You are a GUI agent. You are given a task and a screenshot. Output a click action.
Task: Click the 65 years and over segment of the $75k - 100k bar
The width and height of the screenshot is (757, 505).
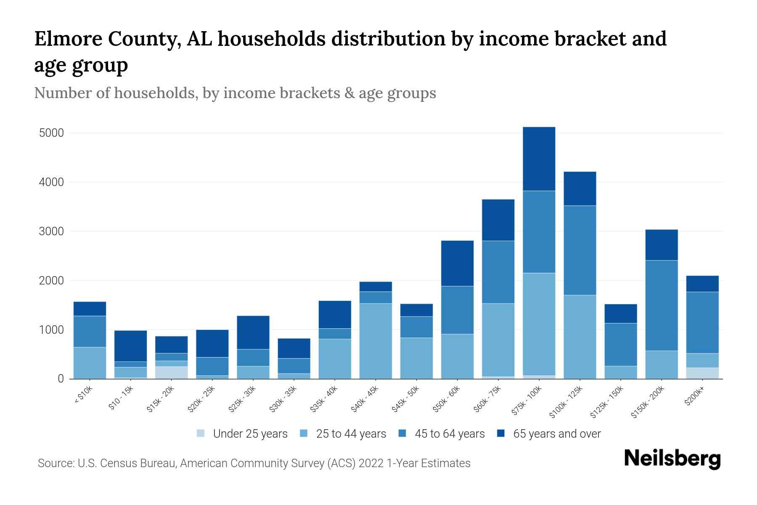point(539,159)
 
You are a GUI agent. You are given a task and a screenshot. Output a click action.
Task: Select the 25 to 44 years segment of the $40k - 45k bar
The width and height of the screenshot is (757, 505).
point(376,341)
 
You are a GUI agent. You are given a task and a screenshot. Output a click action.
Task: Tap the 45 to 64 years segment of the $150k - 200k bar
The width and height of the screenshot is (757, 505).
point(661,306)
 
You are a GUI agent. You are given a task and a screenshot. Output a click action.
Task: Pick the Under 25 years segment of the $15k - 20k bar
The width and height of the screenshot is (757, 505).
point(171,372)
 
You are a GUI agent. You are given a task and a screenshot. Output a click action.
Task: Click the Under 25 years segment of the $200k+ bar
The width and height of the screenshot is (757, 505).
point(702,373)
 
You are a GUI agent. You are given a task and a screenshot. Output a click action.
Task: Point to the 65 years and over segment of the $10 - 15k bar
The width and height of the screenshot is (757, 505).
point(130,346)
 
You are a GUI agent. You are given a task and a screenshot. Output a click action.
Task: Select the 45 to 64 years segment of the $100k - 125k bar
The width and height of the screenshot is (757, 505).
point(580,250)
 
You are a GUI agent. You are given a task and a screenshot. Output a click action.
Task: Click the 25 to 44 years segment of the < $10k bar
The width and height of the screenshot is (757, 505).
point(90,363)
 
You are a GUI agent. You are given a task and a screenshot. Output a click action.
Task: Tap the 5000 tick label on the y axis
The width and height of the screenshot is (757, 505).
point(51,133)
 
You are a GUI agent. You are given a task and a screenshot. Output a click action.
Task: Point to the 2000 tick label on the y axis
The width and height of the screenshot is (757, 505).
point(51,281)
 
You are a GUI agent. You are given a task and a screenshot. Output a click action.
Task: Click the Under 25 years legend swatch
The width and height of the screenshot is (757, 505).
point(201,433)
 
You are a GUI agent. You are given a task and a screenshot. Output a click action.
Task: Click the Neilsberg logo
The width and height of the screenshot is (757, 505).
point(672,459)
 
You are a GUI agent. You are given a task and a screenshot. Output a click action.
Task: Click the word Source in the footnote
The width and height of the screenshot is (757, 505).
point(55,463)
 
